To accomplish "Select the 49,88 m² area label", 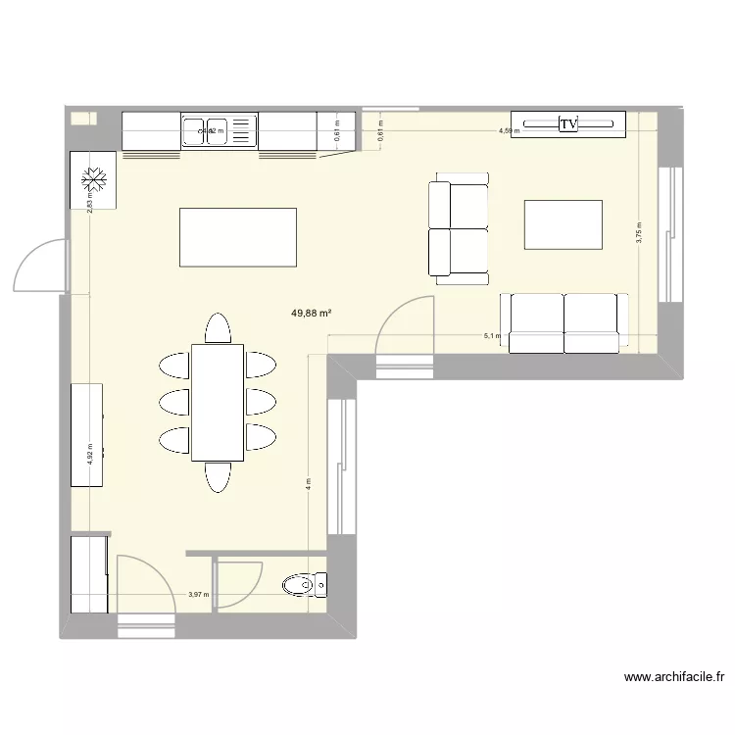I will [x=311, y=314].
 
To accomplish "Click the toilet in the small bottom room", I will [x=303, y=586].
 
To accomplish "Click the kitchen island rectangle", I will [x=237, y=237].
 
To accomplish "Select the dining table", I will [x=218, y=402].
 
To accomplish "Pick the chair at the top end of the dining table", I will [x=218, y=327].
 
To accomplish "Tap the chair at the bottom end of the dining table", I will [x=218, y=476].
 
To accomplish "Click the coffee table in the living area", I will [x=563, y=225].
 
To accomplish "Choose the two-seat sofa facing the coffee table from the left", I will [x=458, y=228].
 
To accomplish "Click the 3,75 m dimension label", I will [x=639, y=233].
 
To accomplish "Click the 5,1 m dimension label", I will [x=491, y=336].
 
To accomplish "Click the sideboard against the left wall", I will [x=87, y=433].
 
